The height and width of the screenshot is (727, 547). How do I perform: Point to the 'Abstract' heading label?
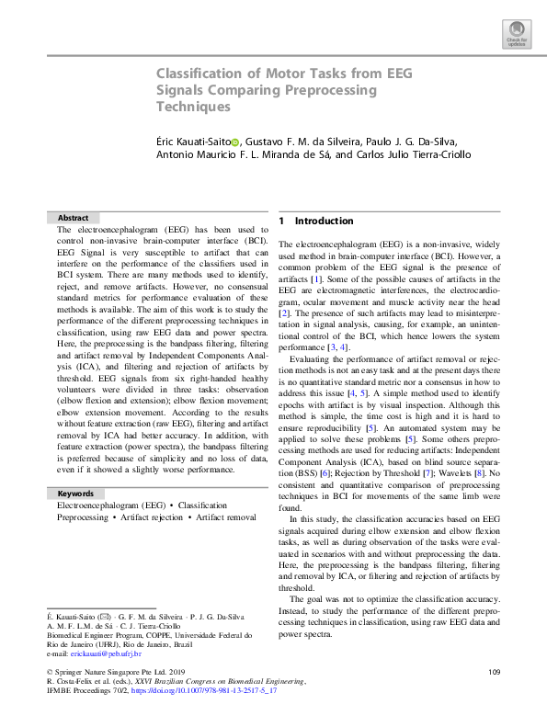click(x=74, y=218)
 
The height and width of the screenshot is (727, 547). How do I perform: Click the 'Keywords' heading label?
click(x=75, y=494)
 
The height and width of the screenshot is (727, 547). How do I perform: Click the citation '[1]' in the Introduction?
click(x=315, y=278)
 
